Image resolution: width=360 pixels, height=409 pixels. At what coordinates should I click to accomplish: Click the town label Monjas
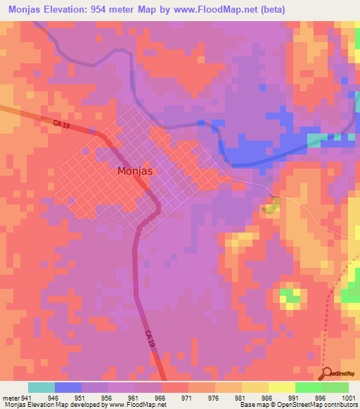[x=135, y=171]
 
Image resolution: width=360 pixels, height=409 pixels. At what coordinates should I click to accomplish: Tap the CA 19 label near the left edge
[x=61, y=124]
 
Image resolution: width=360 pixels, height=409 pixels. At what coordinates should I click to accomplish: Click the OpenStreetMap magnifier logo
[x=326, y=374]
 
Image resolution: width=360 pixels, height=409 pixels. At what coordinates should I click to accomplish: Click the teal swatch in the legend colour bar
[x=41, y=387]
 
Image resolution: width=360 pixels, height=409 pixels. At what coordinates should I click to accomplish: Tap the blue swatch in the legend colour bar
[x=68, y=387]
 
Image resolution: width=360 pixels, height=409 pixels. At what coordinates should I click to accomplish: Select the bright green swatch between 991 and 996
[x=308, y=387]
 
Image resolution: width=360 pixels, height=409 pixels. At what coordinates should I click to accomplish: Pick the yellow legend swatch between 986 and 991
[x=281, y=387]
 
